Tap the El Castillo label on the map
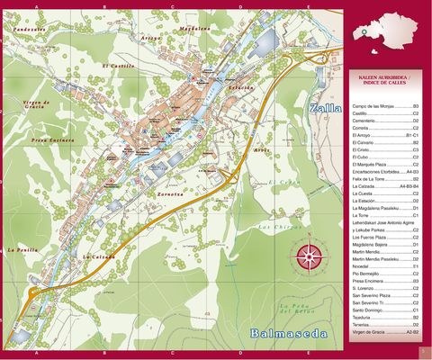point(117,66)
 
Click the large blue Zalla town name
point(325,110)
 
